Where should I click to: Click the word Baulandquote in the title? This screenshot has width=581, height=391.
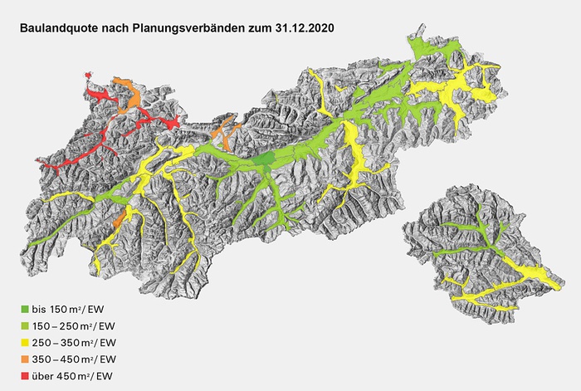[60, 28]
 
